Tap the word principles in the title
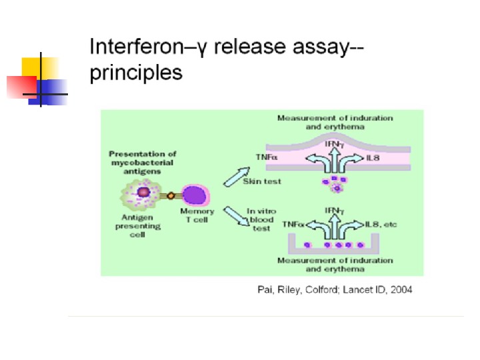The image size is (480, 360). [136, 72]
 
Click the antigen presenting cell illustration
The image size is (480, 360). [143, 193]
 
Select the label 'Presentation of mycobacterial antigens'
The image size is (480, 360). [141, 163]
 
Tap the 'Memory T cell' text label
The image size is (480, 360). [197, 216]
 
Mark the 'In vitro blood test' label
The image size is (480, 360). [261, 220]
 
